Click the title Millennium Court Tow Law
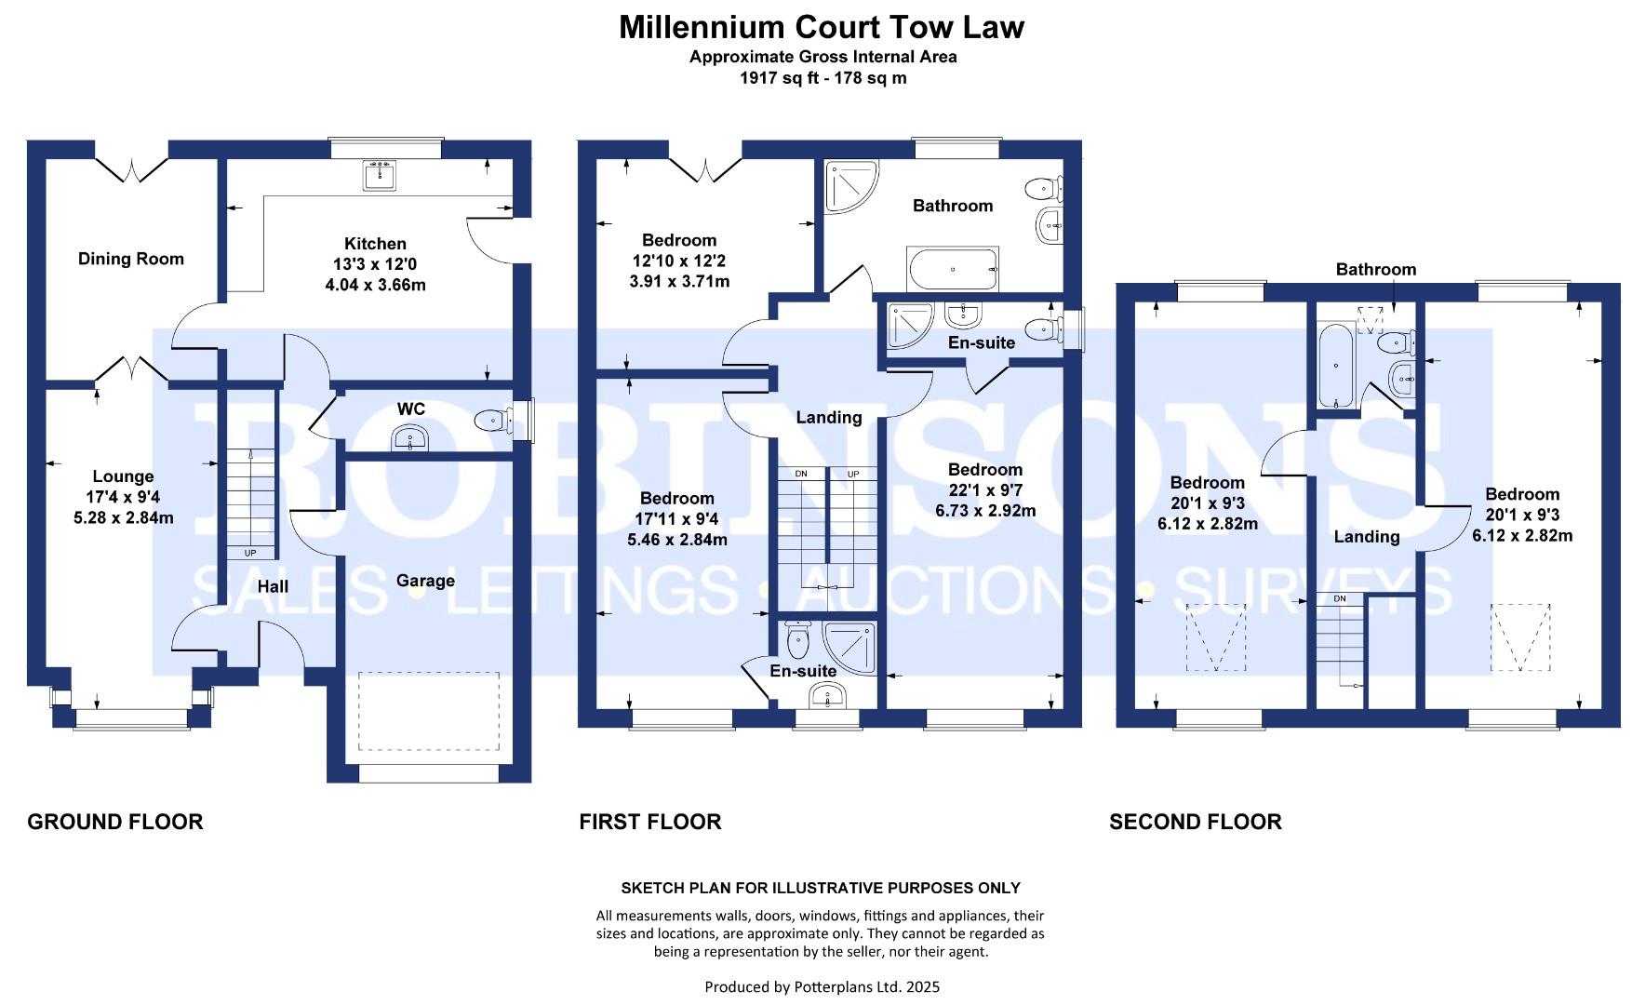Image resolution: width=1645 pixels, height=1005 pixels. coord(822,27)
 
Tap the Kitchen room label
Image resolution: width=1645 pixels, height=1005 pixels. coord(375,244)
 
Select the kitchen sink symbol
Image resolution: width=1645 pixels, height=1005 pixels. coord(379,175)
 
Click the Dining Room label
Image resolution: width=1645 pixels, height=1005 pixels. coord(131,259)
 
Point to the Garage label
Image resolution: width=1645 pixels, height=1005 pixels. coord(425,581)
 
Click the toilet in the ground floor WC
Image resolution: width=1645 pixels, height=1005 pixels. coord(492,421)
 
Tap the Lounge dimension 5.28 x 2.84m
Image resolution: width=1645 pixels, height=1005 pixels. coord(124,517)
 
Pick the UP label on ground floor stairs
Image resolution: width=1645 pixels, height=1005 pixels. coord(250,553)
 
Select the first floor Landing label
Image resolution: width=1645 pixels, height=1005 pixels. coord(828,417)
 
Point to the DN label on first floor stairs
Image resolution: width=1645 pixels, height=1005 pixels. coord(801,475)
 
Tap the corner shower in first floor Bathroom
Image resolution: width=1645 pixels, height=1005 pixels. coord(849,186)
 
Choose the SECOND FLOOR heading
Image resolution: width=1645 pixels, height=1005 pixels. coord(1195,822)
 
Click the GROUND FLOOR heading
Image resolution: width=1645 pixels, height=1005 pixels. coord(114,822)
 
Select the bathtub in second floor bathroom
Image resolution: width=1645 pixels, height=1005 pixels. coord(1336,365)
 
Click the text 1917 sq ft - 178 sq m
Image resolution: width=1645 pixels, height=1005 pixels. coord(822,78)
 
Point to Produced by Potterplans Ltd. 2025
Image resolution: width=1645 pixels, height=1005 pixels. coord(822,986)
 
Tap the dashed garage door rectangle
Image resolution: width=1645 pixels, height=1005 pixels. coord(428,711)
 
